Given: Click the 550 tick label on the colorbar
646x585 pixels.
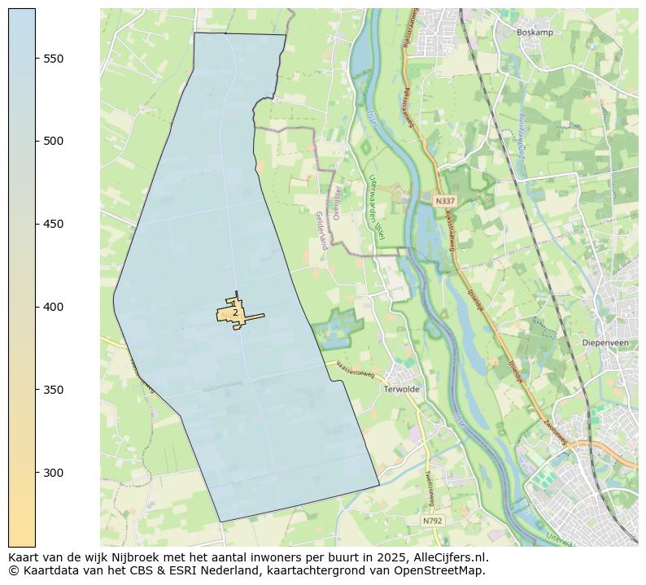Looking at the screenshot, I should click(x=54, y=59).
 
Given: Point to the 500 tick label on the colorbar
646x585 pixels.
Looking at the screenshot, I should click(x=54, y=142).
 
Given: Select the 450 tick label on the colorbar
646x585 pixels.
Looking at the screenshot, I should click(x=54, y=225).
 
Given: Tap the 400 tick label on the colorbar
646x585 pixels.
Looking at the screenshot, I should click(x=54, y=308).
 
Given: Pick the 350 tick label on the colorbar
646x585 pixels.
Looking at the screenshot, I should click(x=54, y=391).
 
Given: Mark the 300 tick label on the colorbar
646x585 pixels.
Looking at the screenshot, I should click(x=54, y=474).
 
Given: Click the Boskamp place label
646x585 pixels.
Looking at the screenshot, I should click(x=535, y=33).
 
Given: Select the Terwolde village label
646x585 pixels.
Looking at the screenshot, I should click(x=401, y=390).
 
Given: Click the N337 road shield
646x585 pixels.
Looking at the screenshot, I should click(x=445, y=201).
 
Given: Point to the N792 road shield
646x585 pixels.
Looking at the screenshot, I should click(x=434, y=520).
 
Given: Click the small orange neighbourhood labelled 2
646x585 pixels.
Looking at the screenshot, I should click(x=235, y=313).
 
